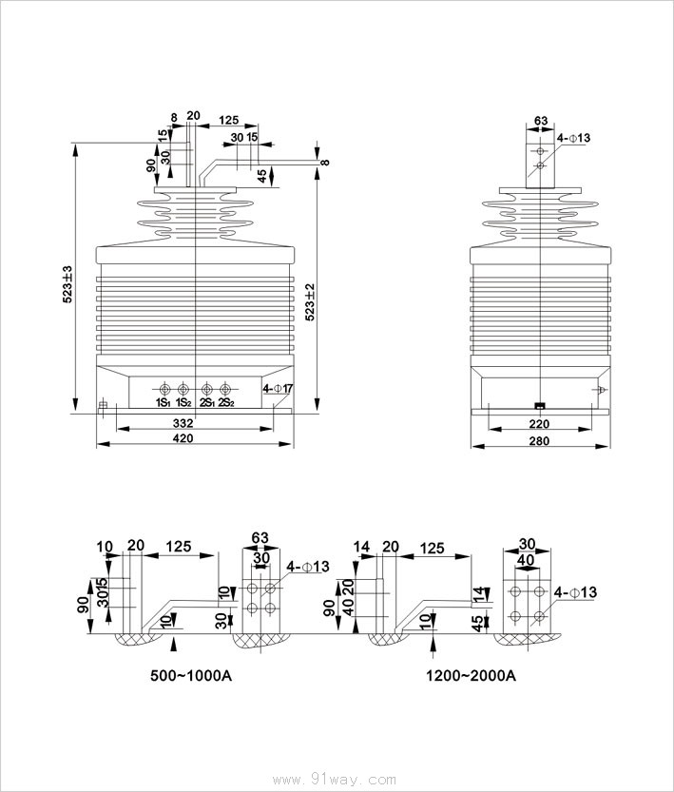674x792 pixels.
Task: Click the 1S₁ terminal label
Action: pos(164,402)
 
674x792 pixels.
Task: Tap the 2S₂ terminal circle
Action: pos(224,390)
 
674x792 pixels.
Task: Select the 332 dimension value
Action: pos(183,423)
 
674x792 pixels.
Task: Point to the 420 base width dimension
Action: pos(183,438)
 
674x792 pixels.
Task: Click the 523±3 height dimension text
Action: pos(67,284)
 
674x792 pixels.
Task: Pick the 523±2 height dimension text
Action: pos(310,301)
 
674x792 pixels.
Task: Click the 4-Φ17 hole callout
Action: pos(278,389)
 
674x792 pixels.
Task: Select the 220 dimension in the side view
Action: pos(539,423)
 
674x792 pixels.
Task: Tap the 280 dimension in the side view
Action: pos(539,440)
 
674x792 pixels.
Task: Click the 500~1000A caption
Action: pos(191,675)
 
